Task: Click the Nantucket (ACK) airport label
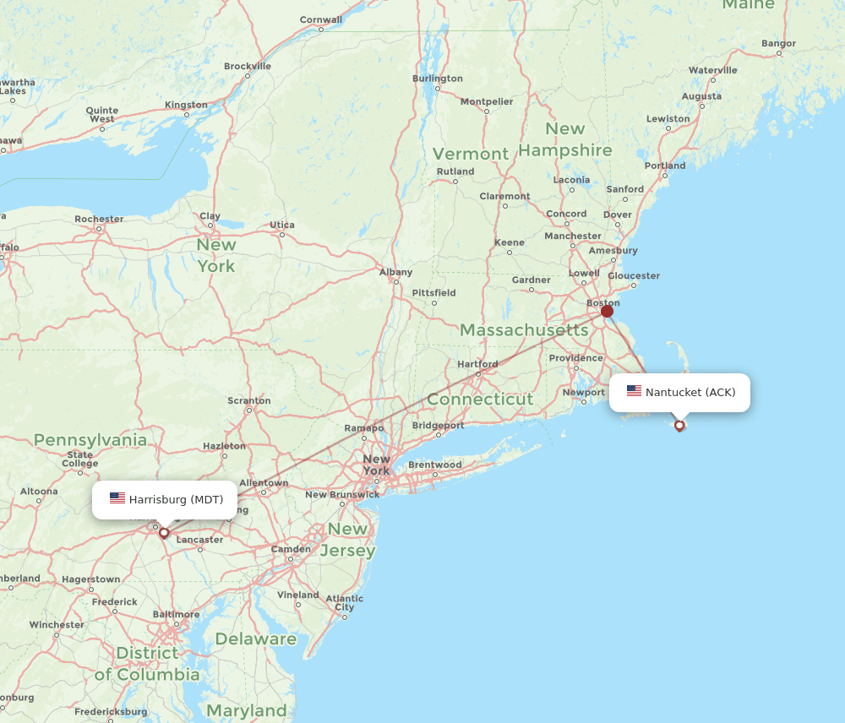coord(690,392)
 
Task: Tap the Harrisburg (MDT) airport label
coord(176,499)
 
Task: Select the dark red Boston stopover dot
coord(607,311)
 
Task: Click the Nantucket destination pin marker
coord(679,425)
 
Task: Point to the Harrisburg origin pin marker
coord(164,533)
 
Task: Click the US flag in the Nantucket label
coord(634,391)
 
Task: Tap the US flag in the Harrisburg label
coord(117,498)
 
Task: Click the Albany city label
coord(395,272)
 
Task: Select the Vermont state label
coord(471,154)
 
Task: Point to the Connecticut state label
coord(480,399)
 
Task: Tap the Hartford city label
coord(477,364)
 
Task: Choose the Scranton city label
coord(248,400)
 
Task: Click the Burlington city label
coord(437,79)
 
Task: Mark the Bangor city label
coord(778,43)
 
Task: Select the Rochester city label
coord(99,219)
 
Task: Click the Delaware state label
coord(255,639)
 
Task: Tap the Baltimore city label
coord(177,614)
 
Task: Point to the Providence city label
coord(575,358)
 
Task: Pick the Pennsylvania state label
coord(90,440)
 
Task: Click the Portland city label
coord(665,166)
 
